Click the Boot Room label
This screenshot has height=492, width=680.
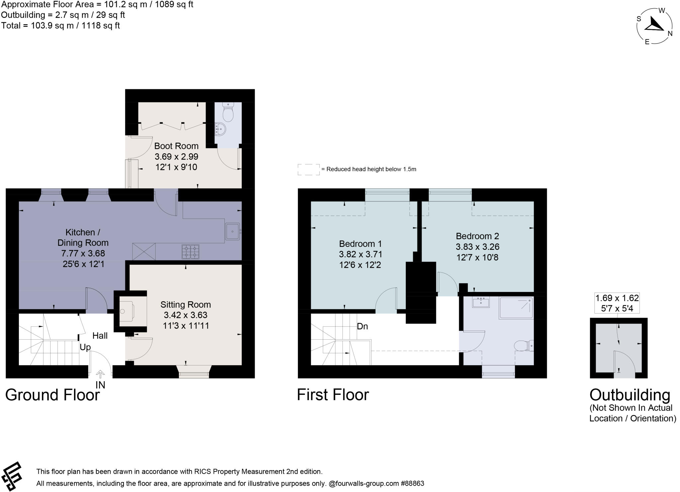176,146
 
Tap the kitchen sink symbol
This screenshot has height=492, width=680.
233,231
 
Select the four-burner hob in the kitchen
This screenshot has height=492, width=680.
191,252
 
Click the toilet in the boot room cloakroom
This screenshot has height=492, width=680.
228,113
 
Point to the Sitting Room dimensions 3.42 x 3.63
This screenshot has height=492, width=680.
185,315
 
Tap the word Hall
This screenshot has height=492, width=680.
100,336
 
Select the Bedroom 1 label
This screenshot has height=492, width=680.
360,244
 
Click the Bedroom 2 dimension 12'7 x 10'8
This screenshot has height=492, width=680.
477,257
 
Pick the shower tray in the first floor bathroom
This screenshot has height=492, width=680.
516,309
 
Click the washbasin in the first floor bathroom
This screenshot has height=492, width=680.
481,302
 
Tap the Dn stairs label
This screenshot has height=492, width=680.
362,326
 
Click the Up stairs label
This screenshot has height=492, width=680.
85,347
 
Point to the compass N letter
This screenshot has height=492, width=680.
670,34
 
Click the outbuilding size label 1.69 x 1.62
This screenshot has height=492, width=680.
617,298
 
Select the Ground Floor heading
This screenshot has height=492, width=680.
52,395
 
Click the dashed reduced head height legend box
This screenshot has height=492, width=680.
308,169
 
